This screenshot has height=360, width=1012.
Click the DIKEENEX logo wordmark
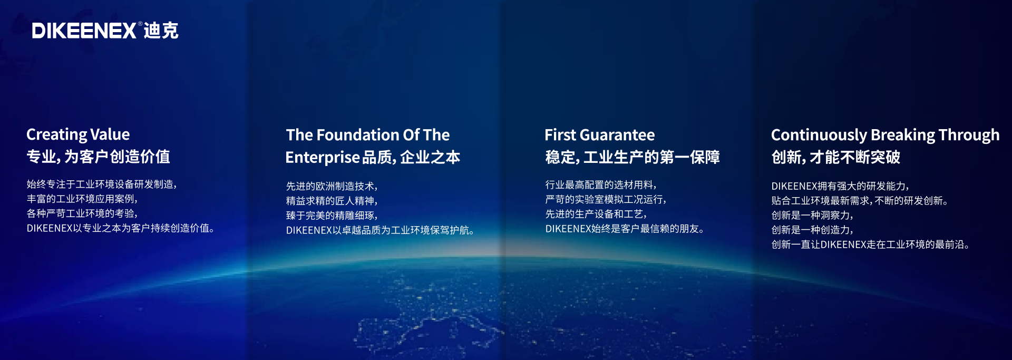[x=84, y=31]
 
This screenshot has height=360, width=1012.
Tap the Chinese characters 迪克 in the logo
[x=161, y=31]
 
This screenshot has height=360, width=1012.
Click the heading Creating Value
[x=78, y=134]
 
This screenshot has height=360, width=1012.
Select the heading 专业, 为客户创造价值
[x=98, y=157]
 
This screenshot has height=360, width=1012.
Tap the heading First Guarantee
[x=599, y=135]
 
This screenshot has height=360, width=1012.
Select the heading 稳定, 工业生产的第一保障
[x=632, y=157]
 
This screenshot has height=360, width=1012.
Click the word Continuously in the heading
[x=819, y=135]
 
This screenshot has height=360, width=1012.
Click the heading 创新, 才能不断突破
[x=835, y=157]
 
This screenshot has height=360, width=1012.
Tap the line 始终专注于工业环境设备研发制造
[x=101, y=184]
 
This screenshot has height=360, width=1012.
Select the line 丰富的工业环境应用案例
[x=82, y=199]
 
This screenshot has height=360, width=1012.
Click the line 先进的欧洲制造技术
[x=332, y=186]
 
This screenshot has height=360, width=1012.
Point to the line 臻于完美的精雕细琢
[x=332, y=216]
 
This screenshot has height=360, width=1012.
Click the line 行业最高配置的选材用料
[x=600, y=184]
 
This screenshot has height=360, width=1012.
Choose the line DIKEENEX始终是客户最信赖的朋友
[x=624, y=229]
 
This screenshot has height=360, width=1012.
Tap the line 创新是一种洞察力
[x=812, y=215]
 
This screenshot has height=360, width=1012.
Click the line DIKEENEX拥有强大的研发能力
[x=840, y=186]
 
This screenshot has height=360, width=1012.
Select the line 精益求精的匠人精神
[x=332, y=201]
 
